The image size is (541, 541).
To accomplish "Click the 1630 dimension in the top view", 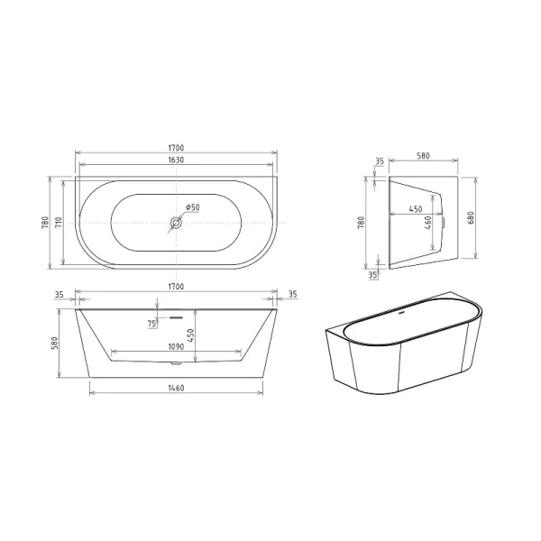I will (x=176, y=161).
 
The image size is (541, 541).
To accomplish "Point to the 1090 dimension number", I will (x=176, y=346).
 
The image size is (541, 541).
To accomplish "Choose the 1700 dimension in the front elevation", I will (x=176, y=287).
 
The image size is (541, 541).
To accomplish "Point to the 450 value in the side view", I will (x=415, y=209).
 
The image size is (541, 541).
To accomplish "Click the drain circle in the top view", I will (x=175, y=221).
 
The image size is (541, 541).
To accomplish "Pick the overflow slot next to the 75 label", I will (x=175, y=317).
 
